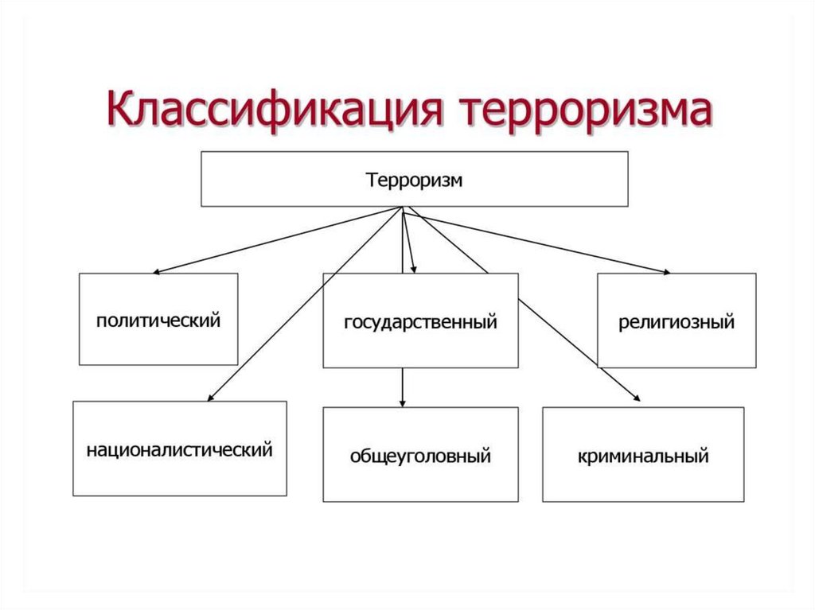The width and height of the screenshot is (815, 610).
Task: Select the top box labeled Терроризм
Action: tap(414, 180)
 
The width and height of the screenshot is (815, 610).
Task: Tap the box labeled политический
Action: tap(158, 319)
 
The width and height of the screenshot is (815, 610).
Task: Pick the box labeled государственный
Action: tap(420, 321)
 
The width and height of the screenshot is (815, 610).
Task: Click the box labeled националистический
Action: tap(179, 449)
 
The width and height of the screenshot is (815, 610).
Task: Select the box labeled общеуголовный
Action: tap(420, 454)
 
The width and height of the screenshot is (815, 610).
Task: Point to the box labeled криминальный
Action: tap(643, 454)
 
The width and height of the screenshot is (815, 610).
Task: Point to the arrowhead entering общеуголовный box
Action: tap(404, 402)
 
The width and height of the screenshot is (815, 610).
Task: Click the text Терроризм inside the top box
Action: tap(414, 180)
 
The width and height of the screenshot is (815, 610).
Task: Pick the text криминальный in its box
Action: tap(643, 457)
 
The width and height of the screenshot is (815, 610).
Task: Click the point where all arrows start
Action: tap(404, 209)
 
